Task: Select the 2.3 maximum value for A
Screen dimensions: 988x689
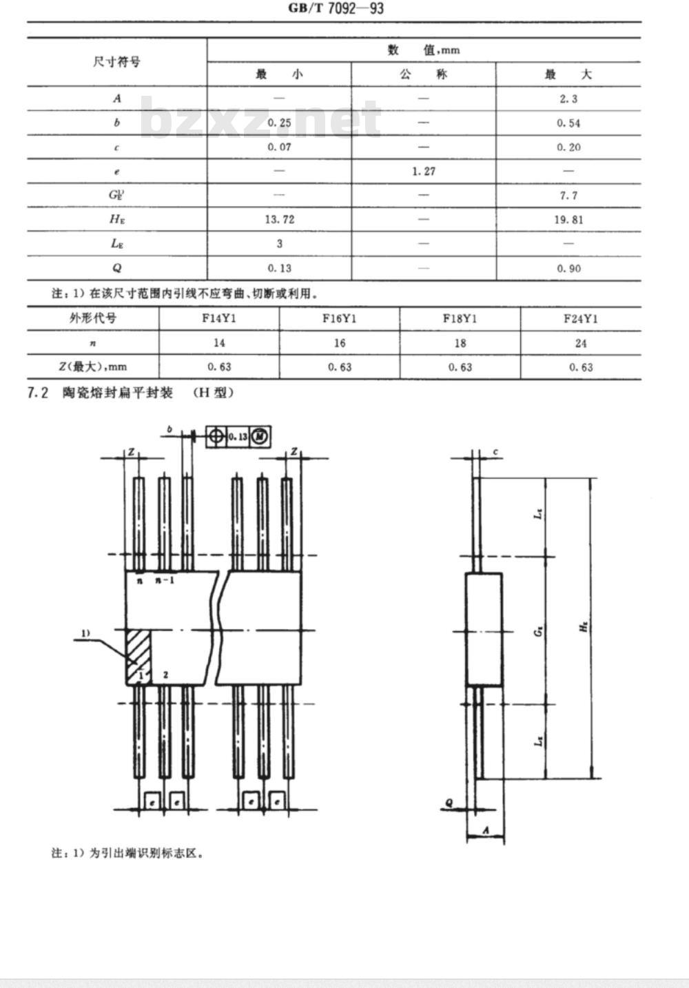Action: [x=568, y=99]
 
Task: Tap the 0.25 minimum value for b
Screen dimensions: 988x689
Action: [x=279, y=123]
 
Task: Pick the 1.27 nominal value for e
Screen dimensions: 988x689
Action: [x=424, y=171]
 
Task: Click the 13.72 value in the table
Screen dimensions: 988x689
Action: [x=279, y=219]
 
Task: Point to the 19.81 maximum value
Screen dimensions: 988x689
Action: [x=568, y=220]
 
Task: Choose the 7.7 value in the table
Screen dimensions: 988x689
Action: [x=568, y=196]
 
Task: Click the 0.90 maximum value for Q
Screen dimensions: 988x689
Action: [x=568, y=268]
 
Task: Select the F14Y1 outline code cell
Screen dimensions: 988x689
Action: [x=219, y=318]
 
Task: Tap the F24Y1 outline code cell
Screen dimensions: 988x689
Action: [x=581, y=318]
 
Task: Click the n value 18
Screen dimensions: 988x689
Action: [x=460, y=343]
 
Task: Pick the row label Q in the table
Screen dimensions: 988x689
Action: [x=116, y=268]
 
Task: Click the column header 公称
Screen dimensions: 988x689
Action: [x=424, y=74]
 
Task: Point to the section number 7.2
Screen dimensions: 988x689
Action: [x=38, y=393]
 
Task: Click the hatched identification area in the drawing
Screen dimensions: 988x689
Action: [x=137, y=655]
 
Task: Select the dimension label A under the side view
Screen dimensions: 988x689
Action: [x=485, y=831]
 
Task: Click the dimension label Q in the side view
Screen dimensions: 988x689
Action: [x=449, y=803]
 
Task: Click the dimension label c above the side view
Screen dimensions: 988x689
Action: [x=496, y=453]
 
